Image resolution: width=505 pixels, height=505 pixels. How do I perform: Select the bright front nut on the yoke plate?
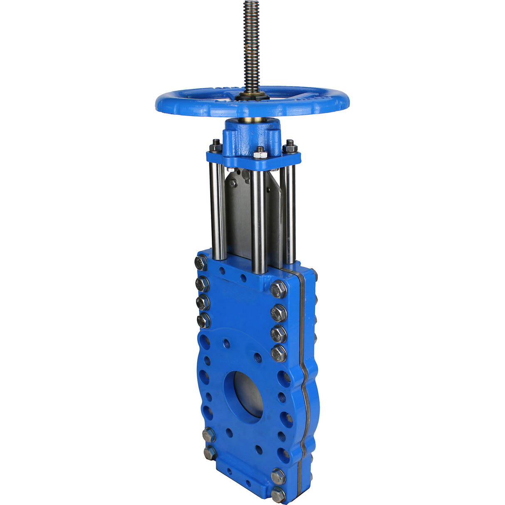pyautogui.click(x=260, y=153)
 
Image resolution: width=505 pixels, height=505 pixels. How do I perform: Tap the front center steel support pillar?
pyautogui.click(x=258, y=220)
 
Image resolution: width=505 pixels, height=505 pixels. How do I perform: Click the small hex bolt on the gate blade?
pyautogui.click(x=233, y=183)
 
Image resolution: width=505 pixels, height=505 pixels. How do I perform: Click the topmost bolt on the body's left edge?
pyautogui.click(x=201, y=263)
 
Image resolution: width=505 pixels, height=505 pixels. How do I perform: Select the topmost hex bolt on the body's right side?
pyautogui.click(x=278, y=289)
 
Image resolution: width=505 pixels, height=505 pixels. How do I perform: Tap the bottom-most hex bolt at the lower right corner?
pyautogui.click(x=277, y=495)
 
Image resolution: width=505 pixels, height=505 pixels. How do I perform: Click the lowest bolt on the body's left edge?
pyautogui.click(x=209, y=452)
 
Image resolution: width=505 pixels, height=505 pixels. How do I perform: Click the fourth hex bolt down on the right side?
pyautogui.click(x=279, y=353)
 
